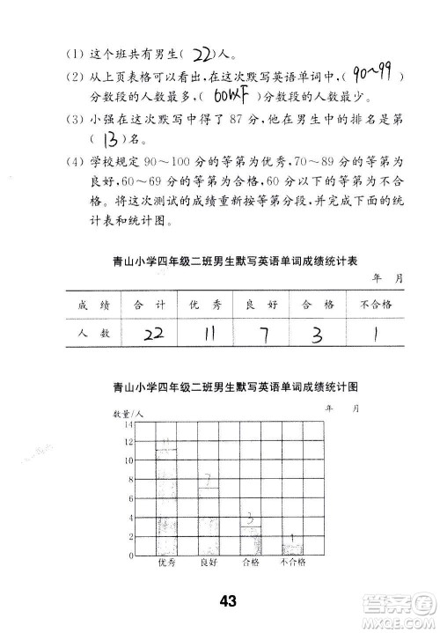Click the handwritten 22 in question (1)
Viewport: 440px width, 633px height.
pyautogui.click(x=202, y=52)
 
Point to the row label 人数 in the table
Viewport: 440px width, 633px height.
pyautogui.click(x=92, y=335)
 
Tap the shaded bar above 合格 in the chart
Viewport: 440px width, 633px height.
pyautogui.click(x=251, y=539)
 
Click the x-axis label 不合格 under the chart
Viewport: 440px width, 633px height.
pyautogui.click(x=293, y=563)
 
